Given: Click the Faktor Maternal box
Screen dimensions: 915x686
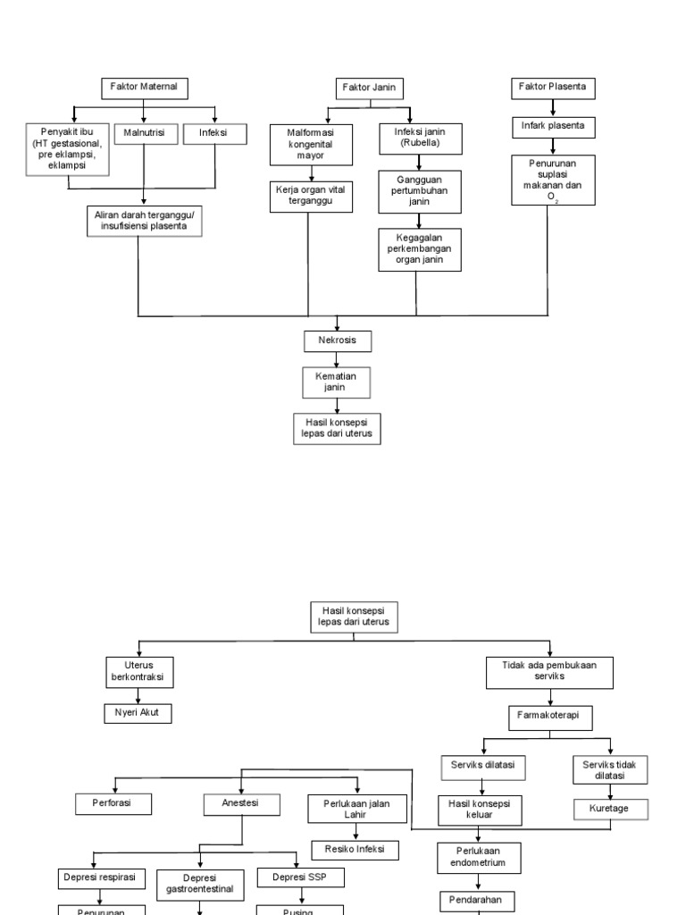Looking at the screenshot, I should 144,88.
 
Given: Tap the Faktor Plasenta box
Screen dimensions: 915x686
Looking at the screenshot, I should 553,88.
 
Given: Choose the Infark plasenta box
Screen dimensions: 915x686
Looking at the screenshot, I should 553,126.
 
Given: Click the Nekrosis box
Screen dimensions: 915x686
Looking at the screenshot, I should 338,340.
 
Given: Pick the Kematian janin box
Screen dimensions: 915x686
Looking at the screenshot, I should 338,382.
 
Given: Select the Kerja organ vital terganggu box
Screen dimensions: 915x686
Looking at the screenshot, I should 308,197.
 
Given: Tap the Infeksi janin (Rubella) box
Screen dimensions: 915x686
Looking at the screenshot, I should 416,137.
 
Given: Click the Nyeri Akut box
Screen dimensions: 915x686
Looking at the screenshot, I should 137,713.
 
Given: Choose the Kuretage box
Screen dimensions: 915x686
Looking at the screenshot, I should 611,809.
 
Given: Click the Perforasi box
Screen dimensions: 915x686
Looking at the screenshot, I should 113,803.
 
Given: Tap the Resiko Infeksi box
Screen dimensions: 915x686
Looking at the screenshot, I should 355,850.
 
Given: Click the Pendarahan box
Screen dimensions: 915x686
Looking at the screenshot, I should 478,902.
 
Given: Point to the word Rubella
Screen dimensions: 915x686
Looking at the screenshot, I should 416,143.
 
